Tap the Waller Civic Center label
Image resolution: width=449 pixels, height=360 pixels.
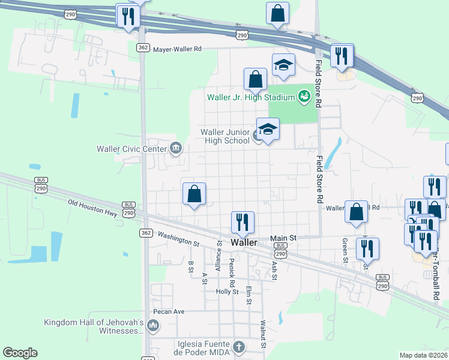tap(133, 148)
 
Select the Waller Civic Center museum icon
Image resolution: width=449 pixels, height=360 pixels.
tap(176, 148)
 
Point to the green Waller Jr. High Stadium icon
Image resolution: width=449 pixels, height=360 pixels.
tap(304, 96)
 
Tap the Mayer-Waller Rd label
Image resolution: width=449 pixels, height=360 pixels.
tap(178, 50)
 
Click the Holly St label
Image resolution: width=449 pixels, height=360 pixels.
tap(228, 292)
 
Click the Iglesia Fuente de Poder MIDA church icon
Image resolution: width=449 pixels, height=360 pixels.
tap(239, 346)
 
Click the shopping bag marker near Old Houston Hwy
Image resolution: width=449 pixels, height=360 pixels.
tap(194, 194)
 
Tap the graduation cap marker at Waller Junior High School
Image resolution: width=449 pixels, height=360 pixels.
tap(268, 129)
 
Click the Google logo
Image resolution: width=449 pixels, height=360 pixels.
tap(20, 353)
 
